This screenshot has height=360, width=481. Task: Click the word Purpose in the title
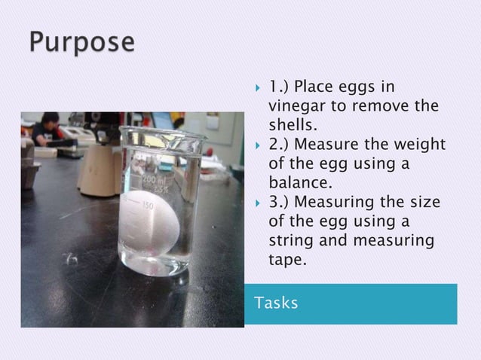click(83, 41)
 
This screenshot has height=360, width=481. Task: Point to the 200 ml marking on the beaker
click(157, 183)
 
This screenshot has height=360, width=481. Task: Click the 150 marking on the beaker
click(148, 205)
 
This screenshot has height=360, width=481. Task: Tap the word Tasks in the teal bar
click(276, 303)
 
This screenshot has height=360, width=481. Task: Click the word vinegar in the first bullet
click(296, 105)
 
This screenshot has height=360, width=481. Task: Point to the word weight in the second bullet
click(421, 145)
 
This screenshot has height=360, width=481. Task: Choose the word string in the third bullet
click(290, 241)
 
